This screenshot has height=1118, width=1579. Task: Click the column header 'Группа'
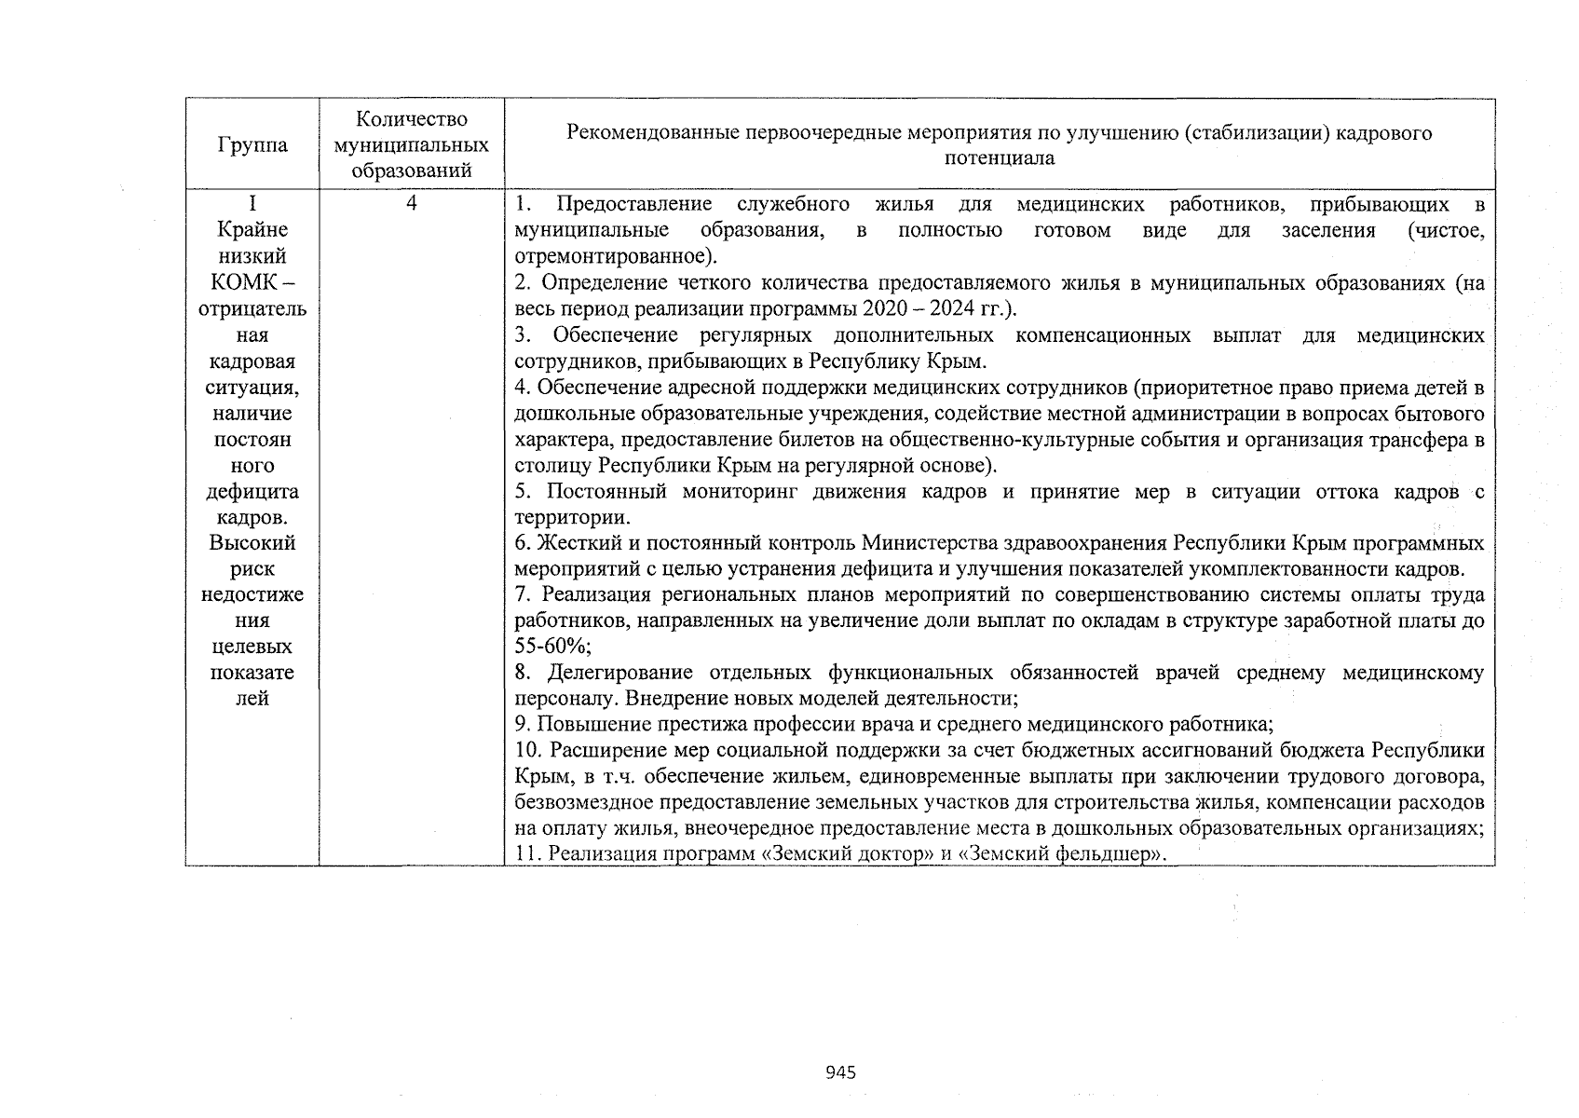coord(252,145)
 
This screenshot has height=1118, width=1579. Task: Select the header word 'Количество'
coord(411,119)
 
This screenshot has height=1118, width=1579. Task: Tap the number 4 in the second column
coord(411,203)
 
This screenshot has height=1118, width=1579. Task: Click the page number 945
coord(840,1072)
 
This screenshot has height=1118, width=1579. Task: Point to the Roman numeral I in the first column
coord(252,203)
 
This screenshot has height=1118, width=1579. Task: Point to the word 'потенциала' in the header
coord(1000,158)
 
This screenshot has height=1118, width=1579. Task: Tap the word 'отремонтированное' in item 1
coord(609,255)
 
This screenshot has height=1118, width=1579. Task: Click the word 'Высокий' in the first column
coord(252,542)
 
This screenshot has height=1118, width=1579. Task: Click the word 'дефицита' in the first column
coord(252,491)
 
